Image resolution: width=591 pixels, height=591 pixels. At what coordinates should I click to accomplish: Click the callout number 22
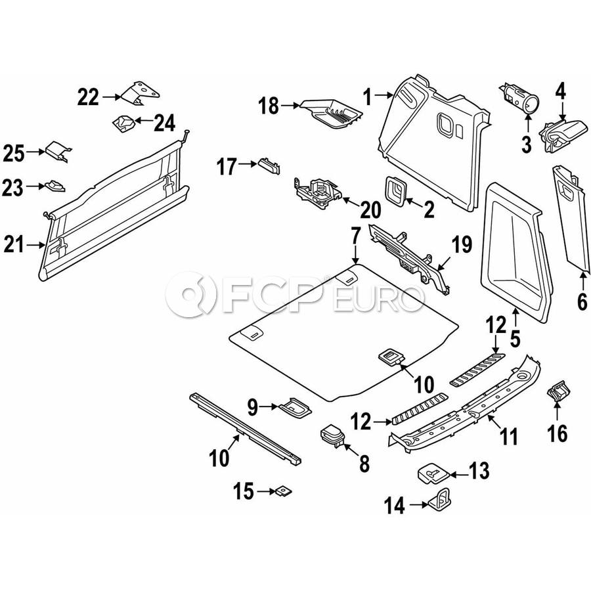click(88, 98)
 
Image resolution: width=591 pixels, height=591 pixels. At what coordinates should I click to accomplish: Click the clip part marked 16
click(558, 393)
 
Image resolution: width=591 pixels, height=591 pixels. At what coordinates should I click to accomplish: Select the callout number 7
click(355, 234)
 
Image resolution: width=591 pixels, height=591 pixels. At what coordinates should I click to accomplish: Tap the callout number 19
click(462, 246)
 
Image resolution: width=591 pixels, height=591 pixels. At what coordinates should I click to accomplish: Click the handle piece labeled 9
click(294, 407)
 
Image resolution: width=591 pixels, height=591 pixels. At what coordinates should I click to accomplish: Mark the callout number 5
click(515, 339)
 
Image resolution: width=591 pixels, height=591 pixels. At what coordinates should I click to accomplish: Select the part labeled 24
click(124, 122)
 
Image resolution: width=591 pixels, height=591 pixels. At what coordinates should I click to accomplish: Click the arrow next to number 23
click(35, 188)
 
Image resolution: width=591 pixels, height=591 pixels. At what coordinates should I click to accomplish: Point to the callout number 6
click(582, 301)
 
